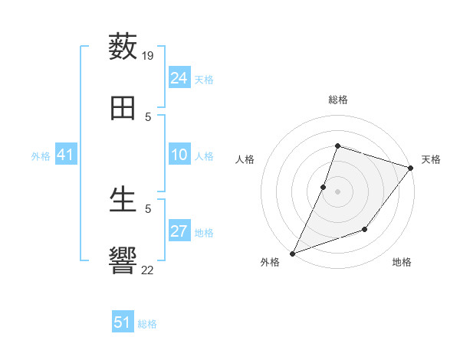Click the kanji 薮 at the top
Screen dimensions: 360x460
click(123, 47)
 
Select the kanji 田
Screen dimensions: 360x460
click(123, 109)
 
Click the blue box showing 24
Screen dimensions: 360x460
click(179, 78)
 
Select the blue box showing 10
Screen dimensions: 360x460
click(179, 155)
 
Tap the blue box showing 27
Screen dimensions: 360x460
click(179, 231)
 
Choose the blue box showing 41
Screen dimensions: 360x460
click(66, 155)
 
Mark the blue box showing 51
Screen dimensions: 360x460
click(123, 322)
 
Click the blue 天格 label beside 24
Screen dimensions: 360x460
click(204, 80)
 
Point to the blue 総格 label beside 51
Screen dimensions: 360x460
click(147, 324)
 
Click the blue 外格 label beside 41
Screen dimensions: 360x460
click(41, 156)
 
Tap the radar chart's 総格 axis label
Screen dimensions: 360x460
click(338, 100)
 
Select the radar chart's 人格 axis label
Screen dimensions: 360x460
click(245, 159)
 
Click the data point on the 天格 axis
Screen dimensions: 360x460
click(410, 168)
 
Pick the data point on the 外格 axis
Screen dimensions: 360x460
click(292, 253)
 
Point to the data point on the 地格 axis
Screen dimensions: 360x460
click(365, 229)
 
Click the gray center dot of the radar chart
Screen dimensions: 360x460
click(338, 191)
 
